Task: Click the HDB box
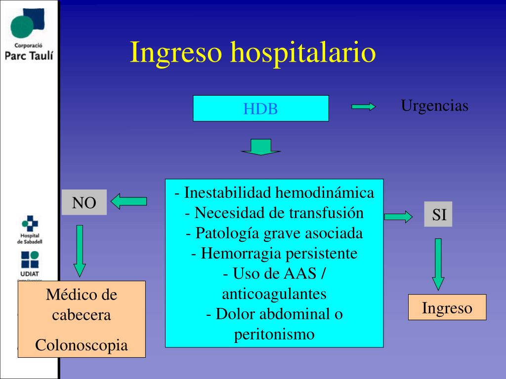tap(260, 109)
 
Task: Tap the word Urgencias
tap(434, 106)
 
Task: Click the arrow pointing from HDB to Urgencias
tap(364, 107)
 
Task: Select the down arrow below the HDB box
tap(261, 147)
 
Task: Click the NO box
tap(84, 202)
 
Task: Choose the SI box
tap(438, 215)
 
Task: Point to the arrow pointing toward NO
tap(128, 201)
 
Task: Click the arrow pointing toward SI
tap(398, 216)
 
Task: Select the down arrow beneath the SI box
tap(438, 264)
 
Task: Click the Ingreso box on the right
tap(447, 307)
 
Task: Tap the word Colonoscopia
tap(82, 345)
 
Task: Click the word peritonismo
tap(274, 334)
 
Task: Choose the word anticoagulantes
tap(274, 294)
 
